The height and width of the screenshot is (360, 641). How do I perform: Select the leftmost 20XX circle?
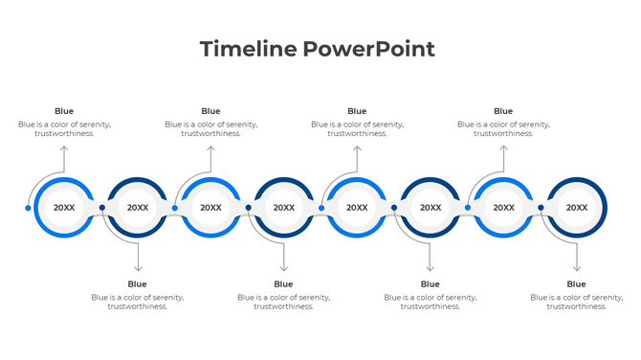(64, 208)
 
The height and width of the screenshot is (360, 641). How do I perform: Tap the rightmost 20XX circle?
(577, 208)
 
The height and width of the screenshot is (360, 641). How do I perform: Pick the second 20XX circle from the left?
(138, 208)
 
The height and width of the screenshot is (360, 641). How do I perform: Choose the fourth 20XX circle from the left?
(284, 208)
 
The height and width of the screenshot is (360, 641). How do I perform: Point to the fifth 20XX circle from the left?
(357, 208)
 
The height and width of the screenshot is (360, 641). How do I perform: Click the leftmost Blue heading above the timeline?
(64, 111)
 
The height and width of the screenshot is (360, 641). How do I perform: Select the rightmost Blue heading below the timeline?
(576, 284)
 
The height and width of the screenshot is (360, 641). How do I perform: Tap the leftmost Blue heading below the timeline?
(138, 284)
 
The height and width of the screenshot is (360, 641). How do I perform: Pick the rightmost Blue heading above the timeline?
(503, 111)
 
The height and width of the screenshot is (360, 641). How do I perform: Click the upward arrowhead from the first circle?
(64, 148)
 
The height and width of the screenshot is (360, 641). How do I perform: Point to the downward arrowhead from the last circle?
(576, 269)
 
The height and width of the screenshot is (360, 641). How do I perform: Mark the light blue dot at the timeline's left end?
(28, 208)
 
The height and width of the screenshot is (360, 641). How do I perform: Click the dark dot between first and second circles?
(101, 208)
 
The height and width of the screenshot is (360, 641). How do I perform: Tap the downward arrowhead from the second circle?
(138, 269)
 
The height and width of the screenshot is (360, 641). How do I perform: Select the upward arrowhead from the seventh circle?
(503, 148)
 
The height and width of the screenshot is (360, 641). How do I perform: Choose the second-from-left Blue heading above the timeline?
(210, 111)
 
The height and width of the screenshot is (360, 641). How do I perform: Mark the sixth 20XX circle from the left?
(431, 208)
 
